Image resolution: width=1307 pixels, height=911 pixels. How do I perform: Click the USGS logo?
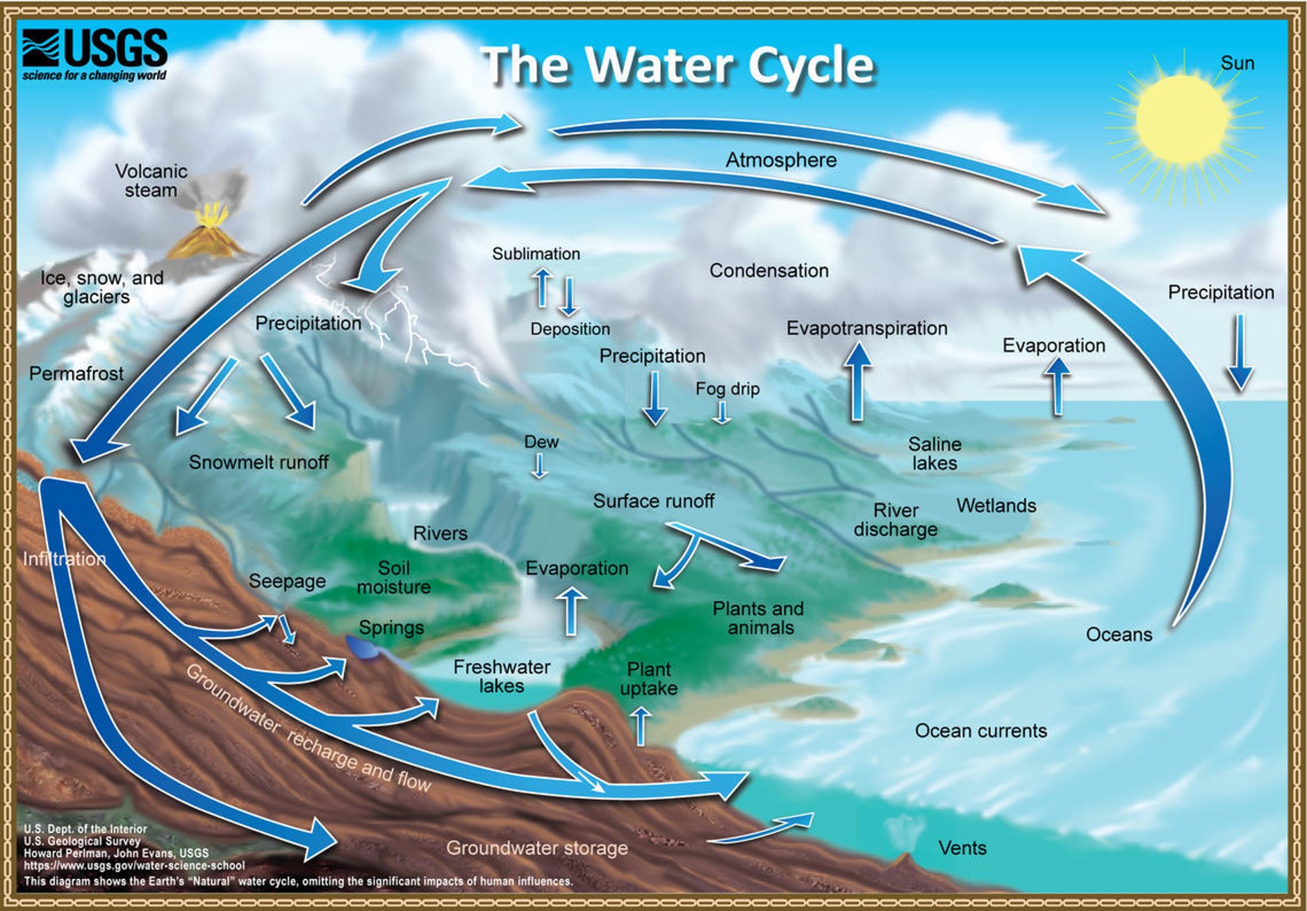pos(94,54)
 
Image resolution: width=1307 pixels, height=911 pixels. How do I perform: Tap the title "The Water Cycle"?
pos(677,65)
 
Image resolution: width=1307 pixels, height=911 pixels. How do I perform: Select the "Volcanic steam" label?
pos(151,181)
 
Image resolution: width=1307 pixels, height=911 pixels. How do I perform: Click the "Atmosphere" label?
pos(781,160)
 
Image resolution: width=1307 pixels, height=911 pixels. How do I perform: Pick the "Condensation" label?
pos(768,270)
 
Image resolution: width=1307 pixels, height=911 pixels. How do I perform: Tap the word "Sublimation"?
pos(536,254)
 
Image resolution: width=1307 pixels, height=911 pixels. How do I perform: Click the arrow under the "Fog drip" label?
pos(723,412)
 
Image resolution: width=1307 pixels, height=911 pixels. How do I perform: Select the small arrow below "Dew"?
pos(539,466)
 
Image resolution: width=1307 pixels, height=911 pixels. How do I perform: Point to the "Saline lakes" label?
pos(935,453)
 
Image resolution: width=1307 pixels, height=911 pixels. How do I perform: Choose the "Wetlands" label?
pos(996,505)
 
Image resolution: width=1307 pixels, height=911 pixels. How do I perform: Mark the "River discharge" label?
pos(895,520)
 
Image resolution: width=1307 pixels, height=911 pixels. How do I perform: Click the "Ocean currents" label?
pos(980,730)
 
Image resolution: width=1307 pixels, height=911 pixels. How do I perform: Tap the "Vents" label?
pos(962,848)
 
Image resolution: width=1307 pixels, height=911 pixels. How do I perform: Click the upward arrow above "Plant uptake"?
pos(641,726)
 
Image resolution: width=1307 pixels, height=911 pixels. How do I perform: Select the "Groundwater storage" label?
pos(536,848)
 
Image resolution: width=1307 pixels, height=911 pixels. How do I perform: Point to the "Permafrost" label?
pos(76,374)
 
